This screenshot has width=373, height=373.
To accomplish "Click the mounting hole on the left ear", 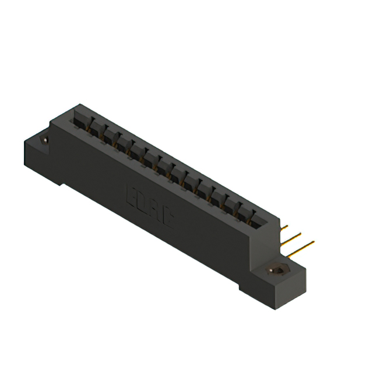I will tap(45, 140).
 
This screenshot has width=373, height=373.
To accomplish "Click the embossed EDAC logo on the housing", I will tap(149, 207).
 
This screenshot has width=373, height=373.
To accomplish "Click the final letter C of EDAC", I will tap(166, 218).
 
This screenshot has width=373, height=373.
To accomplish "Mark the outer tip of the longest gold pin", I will tap(314, 241).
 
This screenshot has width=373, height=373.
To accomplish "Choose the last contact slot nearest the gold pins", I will tap(258, 220).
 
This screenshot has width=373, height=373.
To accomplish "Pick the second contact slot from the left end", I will tap(94, 129).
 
